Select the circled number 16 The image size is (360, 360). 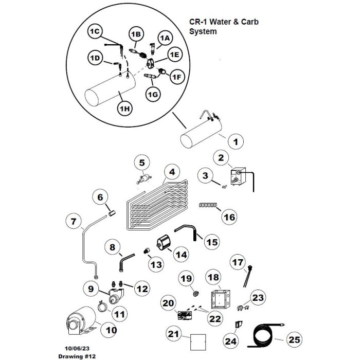point(229,218)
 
